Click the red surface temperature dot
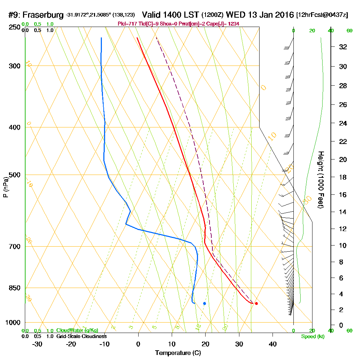coord(256,303)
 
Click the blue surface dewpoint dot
coord(204,303)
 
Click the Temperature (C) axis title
coord(177,353)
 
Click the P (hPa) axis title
coord(5,187)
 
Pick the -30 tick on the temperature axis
coord(37,344)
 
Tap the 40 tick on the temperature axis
coord(273,344)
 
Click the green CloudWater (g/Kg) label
coord(77,330)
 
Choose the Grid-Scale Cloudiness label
coord(81,336)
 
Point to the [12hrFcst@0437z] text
coord(322,15)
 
